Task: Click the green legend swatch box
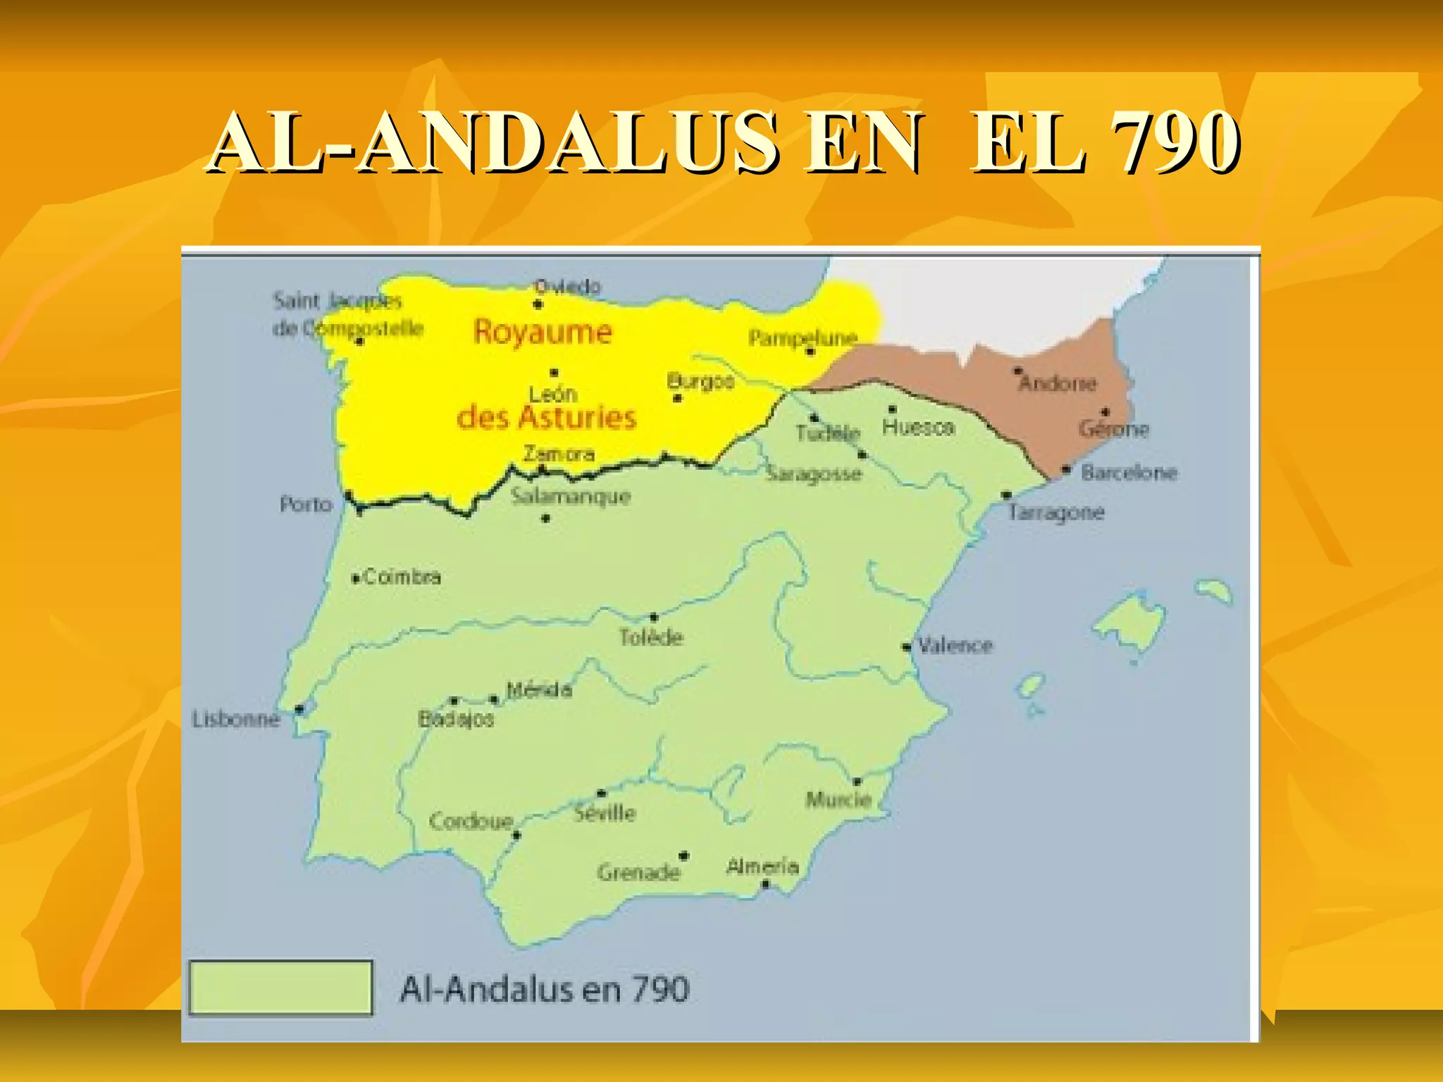pyautogui.click(x=280, y=988)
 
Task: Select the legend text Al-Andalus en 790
pyautogui.click(x=544, y=989)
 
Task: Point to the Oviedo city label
pyautogui.click(x=567, y=287)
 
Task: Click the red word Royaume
pyautogui.click(x=543, y=332)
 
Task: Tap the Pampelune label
pyautogui.click(x=803, y=337)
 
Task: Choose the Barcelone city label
pyautogui.click(x=1129, y=472)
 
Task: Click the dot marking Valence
pyautogui.click(x=907, y=647)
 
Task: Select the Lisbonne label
pyautogui.click(x=236, y=719)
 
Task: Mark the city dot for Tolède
pyautogui.click(x=654, y=618)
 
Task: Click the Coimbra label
pyautogui.click(x=402, y=578)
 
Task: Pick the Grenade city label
pyautogui.click(x=638, y=873)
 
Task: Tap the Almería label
pyautogui.click(x=762, y=866)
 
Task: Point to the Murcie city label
pyautogui.click(x=838, y=800)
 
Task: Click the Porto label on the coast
pyautogui.click(x=306, y=504)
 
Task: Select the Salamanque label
pyautogui.click(x=571, y=496)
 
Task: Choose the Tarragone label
pyautogui.click(x=1055, y=512)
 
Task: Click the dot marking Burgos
pyautogui.click(x=677, y=398)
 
